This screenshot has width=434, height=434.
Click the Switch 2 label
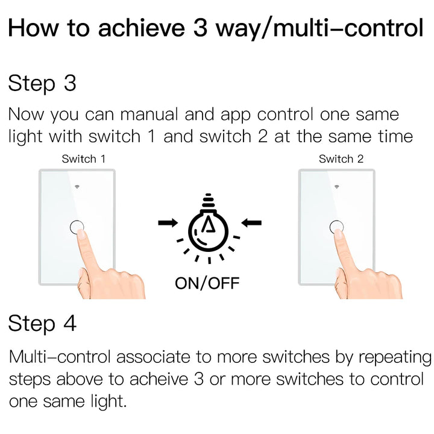pyautogui.click(x=341, y=159)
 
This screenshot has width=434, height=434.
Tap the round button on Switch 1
pyautogui.click(x=77, y=227)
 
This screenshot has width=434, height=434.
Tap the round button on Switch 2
pyautogui.click(x=337, y=227)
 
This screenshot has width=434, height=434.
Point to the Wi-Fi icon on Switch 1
pyautogui.click(x=77, y=186)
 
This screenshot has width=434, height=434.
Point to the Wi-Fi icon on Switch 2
pyautogui.click(x=337, y=186)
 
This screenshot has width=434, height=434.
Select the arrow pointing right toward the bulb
pyautogui.click(x=168, y=223)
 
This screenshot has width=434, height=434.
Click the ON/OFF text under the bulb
pyautogui.click(x=207, y=282)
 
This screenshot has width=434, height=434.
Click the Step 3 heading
pyautogui.click(x=42, y=83)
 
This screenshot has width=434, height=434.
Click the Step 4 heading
pyautogui.click(x=42, y=324)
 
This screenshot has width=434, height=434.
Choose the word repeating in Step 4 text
pyautogui.click(x=395, y=357)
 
